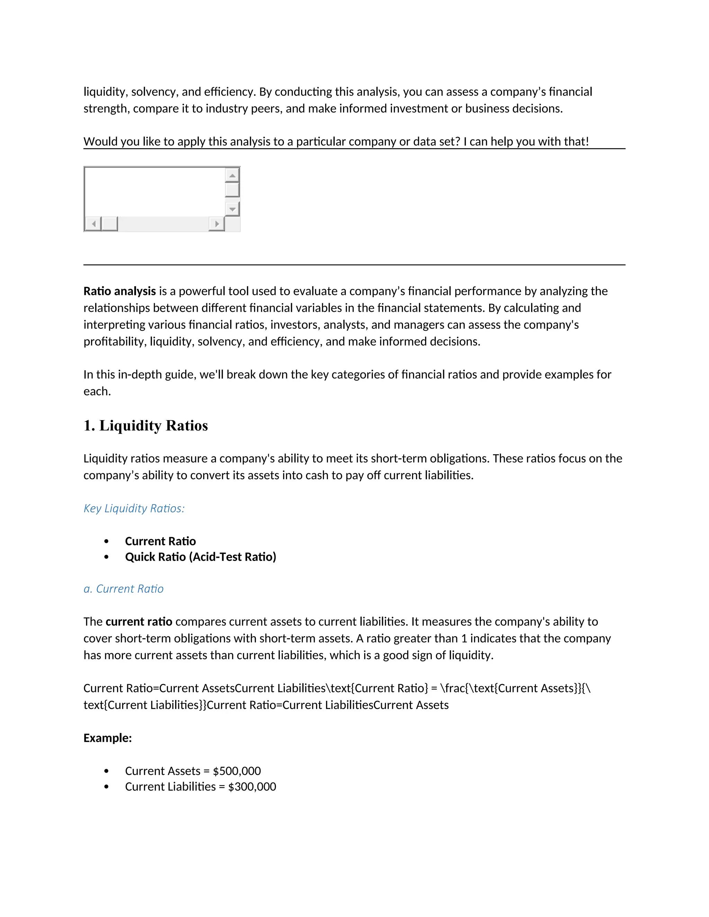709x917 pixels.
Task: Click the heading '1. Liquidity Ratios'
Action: (x=145, y=425)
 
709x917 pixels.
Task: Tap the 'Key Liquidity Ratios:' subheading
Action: (x=134, y=508)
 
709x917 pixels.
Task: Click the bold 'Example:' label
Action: (x=108, y=738)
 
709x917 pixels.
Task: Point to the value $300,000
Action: (x=252, y=787)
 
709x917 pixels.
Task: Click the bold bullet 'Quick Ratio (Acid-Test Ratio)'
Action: (x=200, y=557)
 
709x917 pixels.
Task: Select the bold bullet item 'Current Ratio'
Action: (x=160, y=541)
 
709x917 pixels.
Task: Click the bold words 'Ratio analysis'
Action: (x=119, y=291)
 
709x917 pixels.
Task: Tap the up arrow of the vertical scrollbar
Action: (x=232, y=175)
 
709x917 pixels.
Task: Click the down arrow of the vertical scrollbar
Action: (x=232, y=209)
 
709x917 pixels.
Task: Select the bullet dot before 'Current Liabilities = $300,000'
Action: (x=106, y=787)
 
